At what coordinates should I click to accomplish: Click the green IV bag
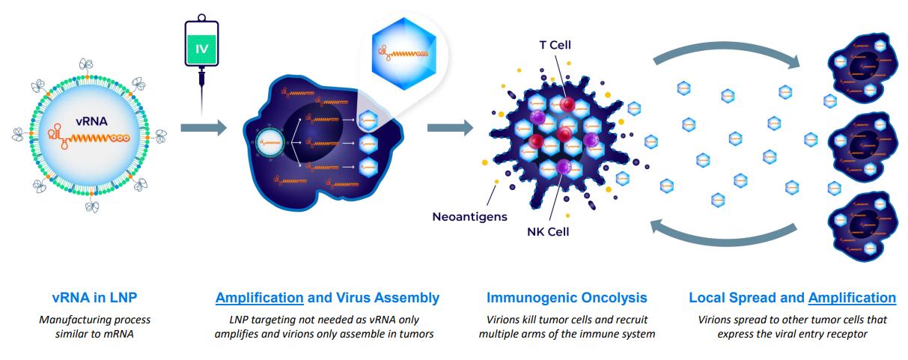pos(201,43)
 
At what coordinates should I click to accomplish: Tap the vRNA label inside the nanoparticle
pos(91,121)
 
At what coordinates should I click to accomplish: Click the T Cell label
pos(555,45)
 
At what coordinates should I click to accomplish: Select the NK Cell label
pos(548,232)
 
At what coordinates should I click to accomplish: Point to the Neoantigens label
pos(470,217)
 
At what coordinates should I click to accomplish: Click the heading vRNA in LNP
pos(94,298)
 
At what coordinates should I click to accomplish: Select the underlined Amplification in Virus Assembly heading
pos(260,298)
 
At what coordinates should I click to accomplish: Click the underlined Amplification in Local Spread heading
pos(852,298)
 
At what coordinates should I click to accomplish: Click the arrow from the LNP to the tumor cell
pos(203,128)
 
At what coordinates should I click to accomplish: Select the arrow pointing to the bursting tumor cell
pos(450,128)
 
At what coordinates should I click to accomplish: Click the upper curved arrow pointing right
pos(725,46)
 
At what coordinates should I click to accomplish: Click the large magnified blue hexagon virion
pos(403,54)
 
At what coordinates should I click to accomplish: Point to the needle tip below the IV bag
pos(201,115)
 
